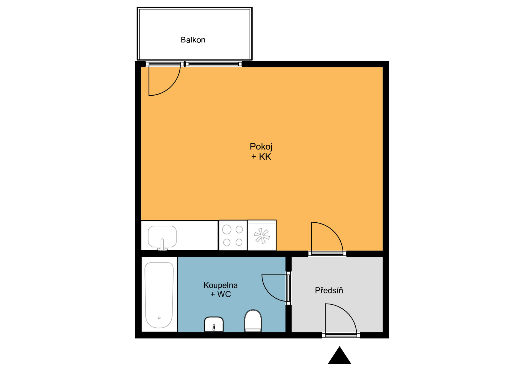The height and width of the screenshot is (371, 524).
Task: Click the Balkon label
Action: click(193, 40)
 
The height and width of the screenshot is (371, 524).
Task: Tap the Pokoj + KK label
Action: click(261, 151)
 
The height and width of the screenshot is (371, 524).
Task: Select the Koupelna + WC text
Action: click(221, 290)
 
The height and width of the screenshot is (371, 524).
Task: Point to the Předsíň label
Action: click(329, 290)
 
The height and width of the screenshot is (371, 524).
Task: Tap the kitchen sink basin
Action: click(162, 236)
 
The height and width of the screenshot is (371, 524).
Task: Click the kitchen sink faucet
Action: click(162, 245)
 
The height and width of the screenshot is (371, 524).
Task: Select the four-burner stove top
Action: click(233, 235)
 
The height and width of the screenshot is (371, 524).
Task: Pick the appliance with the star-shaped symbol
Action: click(262, 235)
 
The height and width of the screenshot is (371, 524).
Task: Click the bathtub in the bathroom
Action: click(159, 295)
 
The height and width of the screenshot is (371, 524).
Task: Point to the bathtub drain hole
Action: click(159, 318)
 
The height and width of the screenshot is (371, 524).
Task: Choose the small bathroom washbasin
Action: click(214, 324)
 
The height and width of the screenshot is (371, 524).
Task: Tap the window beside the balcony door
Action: click(213, 64)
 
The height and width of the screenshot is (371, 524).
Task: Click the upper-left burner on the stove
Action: click(227, 230)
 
